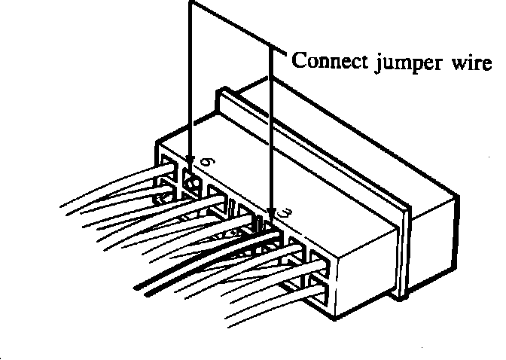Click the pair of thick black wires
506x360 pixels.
tap(203, 260)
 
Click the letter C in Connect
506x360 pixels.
tap(298, 60)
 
